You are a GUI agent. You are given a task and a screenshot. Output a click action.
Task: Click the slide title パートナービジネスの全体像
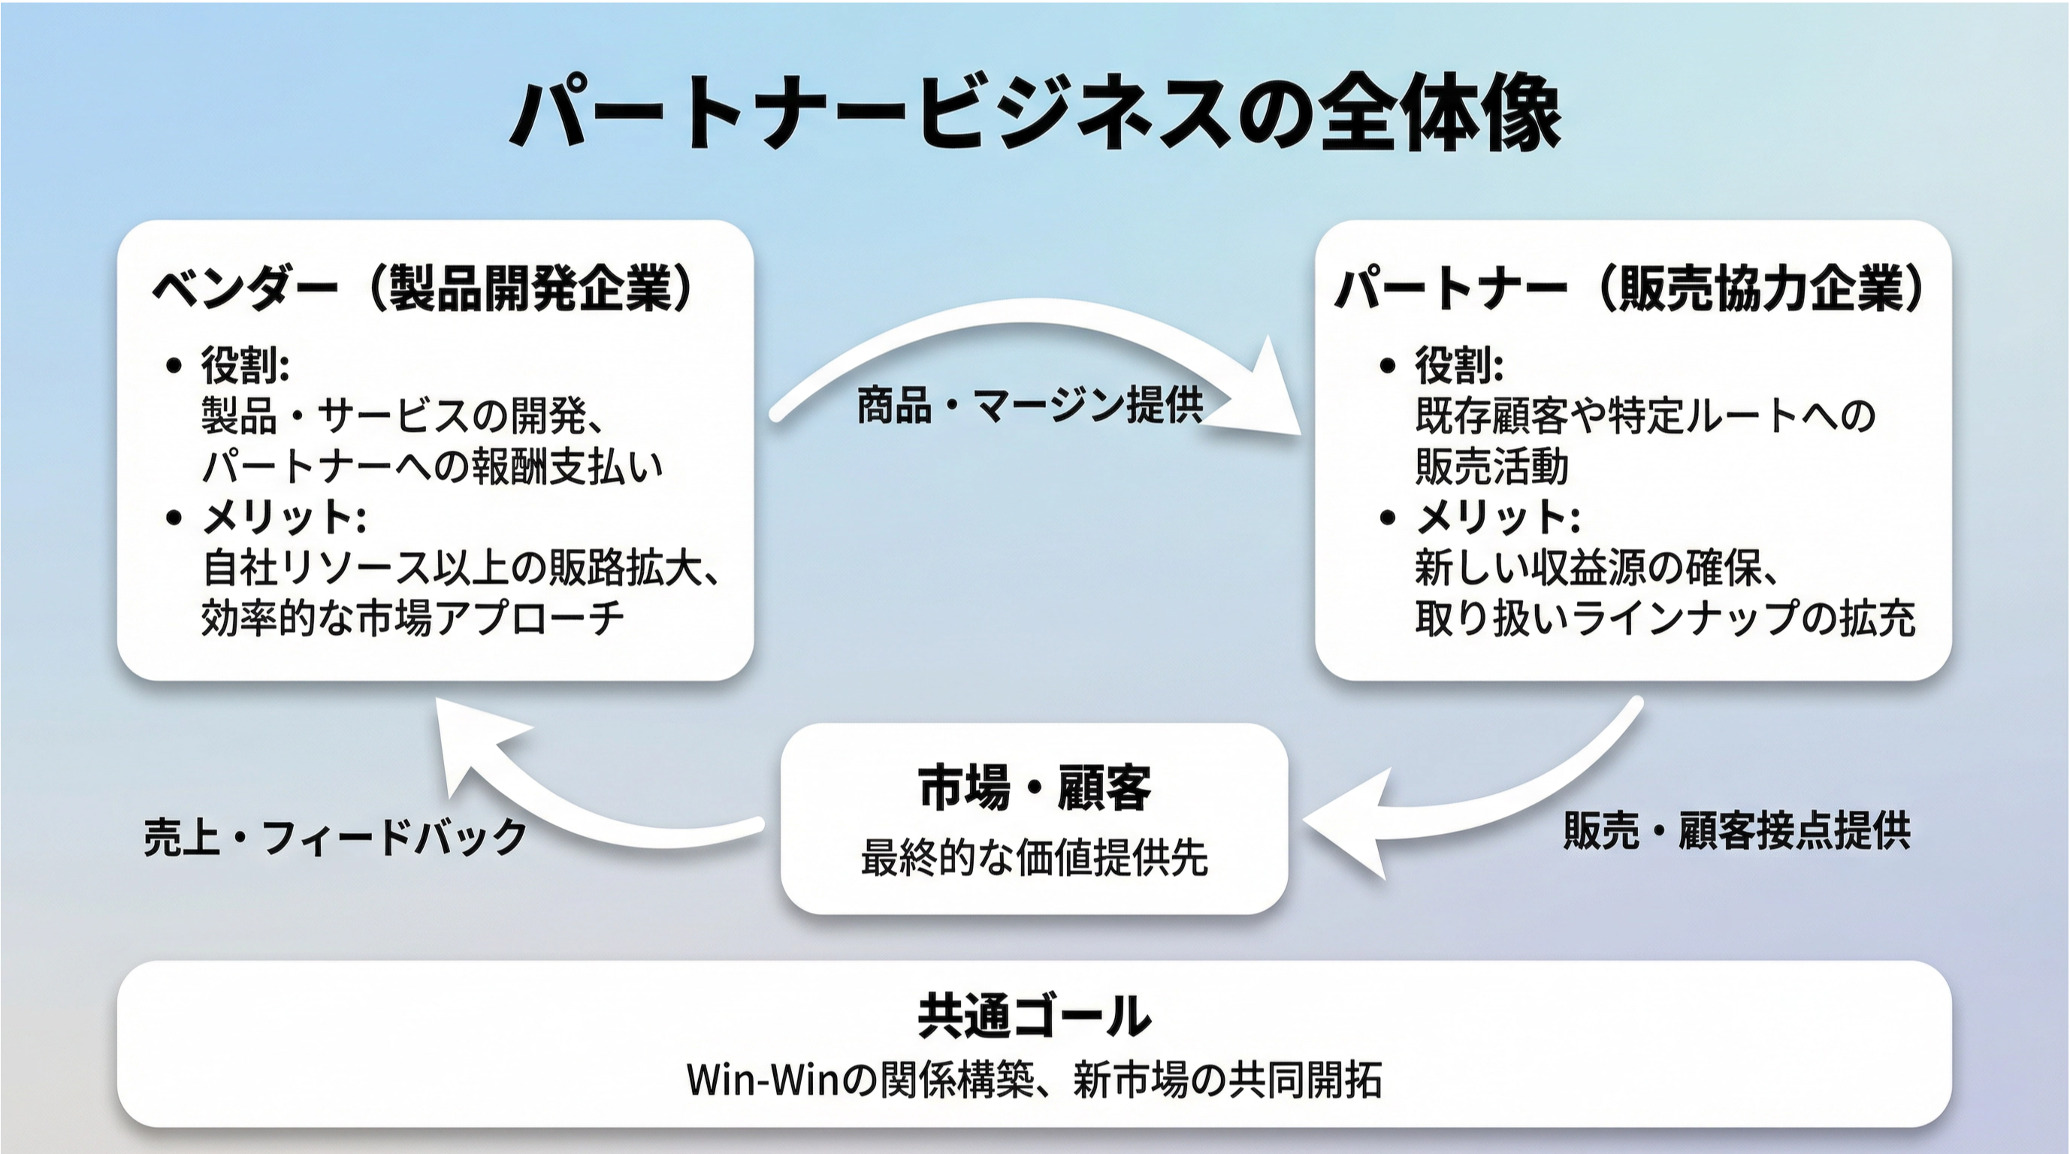click(1035, 114)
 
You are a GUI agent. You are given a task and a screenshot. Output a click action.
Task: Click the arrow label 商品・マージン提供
click(1029, 406)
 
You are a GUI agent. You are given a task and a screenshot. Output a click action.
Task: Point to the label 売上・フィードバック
click(335, 836)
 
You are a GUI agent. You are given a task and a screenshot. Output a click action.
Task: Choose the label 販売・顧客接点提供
click(1736, 830)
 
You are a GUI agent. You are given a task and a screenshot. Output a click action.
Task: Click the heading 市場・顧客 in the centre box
click(1034, 787)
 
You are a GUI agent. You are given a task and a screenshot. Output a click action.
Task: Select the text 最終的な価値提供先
click(1034, 857)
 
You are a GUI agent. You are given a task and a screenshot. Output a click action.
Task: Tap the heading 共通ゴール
click(1034, 1016)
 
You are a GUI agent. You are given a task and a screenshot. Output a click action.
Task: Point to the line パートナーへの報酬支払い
click(432, 466)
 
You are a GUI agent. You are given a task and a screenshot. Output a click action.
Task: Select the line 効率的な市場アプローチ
click(412, 619)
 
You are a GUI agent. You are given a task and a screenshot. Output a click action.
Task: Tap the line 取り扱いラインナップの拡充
click(1664, 619)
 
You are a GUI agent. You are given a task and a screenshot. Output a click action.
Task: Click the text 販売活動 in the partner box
click(1491, 466)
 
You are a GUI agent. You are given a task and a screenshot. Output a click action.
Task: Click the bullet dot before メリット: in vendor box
click(174, 518)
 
